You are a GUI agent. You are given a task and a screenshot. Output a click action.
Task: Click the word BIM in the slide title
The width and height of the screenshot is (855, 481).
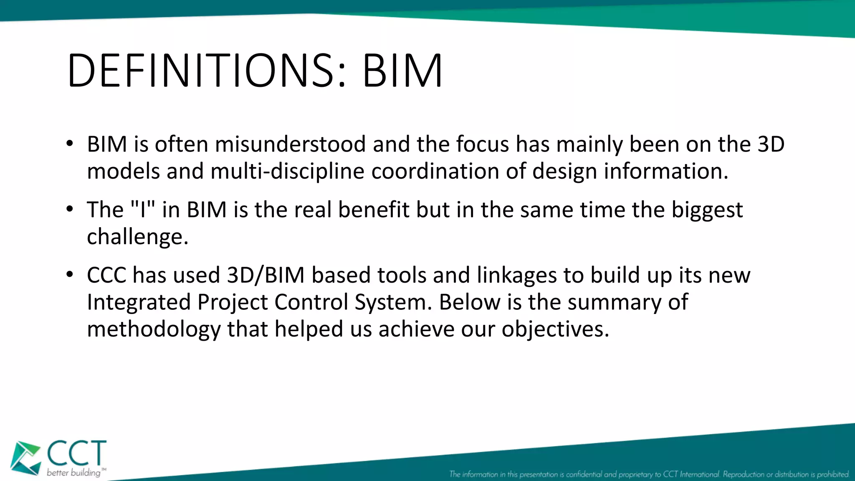[402, 71]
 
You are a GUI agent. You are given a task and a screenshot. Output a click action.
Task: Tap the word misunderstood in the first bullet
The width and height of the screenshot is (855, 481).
[290, 144]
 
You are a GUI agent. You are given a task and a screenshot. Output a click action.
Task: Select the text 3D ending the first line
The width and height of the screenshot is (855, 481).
[771, 144]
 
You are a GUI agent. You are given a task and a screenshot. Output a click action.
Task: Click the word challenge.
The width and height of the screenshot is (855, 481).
[137, 237]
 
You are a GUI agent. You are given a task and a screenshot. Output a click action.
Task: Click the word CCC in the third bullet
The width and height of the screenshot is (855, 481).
[106, 276]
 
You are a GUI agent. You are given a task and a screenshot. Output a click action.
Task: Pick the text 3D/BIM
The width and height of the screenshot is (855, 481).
[266, 276]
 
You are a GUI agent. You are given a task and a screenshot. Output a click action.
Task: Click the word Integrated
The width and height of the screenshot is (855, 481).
[139, 302]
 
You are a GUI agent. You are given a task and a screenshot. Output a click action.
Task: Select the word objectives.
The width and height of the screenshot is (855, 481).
[555, 329]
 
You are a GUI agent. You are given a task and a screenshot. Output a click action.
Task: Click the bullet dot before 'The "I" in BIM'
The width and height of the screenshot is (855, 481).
[70, 209]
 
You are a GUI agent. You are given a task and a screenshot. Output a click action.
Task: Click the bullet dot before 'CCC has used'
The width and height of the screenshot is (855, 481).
[70, 275]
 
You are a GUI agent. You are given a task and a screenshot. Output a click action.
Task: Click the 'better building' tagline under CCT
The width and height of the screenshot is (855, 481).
[74, 473]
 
